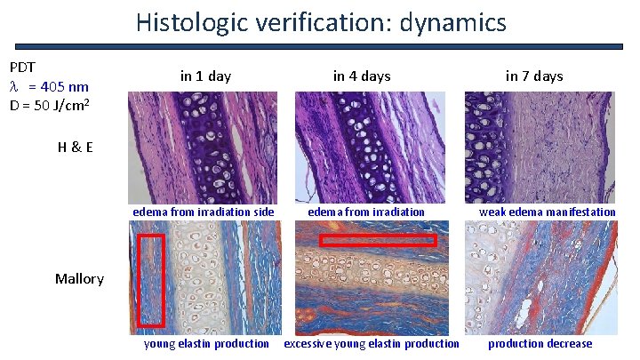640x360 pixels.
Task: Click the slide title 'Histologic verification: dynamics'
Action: point(321,21)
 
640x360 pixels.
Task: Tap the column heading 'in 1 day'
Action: point(205,76)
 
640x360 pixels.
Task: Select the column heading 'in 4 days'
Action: point(361,76)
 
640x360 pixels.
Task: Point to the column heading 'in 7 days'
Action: point(534,76)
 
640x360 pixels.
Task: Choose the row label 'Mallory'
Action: point(79,279)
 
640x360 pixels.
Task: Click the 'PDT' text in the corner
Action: point(22,68)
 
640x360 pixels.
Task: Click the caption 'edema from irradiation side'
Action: point(204,212)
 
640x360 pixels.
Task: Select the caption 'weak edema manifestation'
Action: point(547,212)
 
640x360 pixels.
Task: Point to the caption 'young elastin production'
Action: point(206,344)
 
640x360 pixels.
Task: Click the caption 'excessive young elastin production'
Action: point(372,344)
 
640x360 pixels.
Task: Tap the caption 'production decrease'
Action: point(540,344)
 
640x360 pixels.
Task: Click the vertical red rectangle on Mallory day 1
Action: point(152,280)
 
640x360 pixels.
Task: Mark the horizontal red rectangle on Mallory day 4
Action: point(378,240)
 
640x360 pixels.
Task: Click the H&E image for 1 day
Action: point(203,148)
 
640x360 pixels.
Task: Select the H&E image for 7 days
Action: point(540,148)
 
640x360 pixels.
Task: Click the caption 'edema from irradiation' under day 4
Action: point(366,212)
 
